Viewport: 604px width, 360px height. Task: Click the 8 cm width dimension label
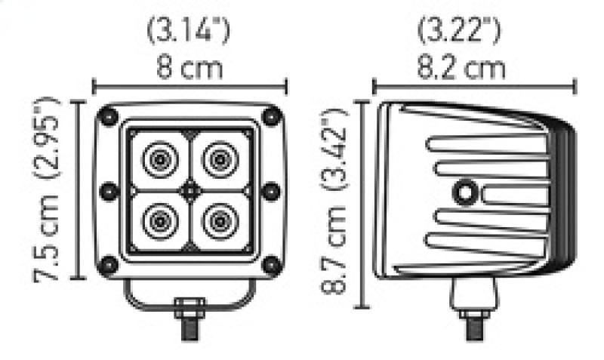click(190, 69)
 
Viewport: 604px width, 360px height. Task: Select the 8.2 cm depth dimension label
click(462, 69)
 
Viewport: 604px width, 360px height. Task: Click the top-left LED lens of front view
click(160, 159)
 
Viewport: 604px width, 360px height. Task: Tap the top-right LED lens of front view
click(220, 159)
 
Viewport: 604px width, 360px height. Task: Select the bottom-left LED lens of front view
click(160, 220)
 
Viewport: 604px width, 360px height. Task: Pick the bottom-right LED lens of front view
click(220, 220)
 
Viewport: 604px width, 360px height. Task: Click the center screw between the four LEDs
click(190, 189)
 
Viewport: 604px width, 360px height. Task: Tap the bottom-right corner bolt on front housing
click(270, 263)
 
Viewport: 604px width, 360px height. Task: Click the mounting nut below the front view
click(190, 309)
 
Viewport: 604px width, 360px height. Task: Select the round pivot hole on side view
click(462, 194)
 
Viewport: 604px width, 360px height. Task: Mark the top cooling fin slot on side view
click(483, 143)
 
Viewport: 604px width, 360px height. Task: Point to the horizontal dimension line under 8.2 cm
click(474, 85)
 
